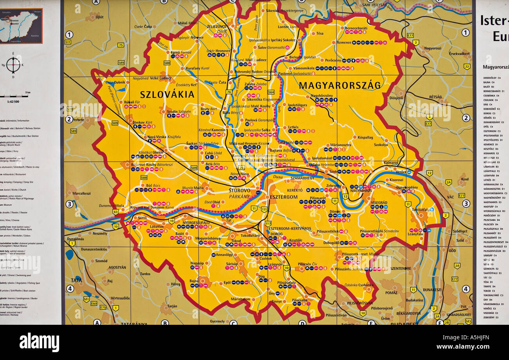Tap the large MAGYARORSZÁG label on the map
click(339, 85)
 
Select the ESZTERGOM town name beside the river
click(283, 197)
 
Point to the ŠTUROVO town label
click(239, 190)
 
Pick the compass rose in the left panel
click(13, 65)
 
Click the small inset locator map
click(21, 26)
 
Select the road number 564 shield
click(271, 92)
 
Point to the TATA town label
click(76, 280)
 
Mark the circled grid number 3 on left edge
click(69, 204)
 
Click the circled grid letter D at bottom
click(302, 322)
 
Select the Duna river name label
click(278, 177)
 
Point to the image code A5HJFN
click(472, 337)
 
